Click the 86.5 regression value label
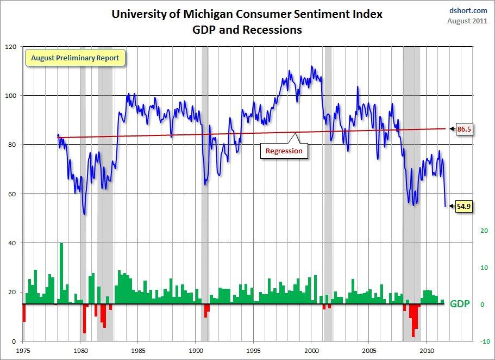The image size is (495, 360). [x=462, y=128]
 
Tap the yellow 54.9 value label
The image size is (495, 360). [x=462, y=207]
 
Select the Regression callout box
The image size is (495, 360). [x=284, y=151]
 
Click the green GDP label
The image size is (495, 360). [x=459, y=304]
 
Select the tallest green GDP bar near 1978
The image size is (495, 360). [x=61, y=272]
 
